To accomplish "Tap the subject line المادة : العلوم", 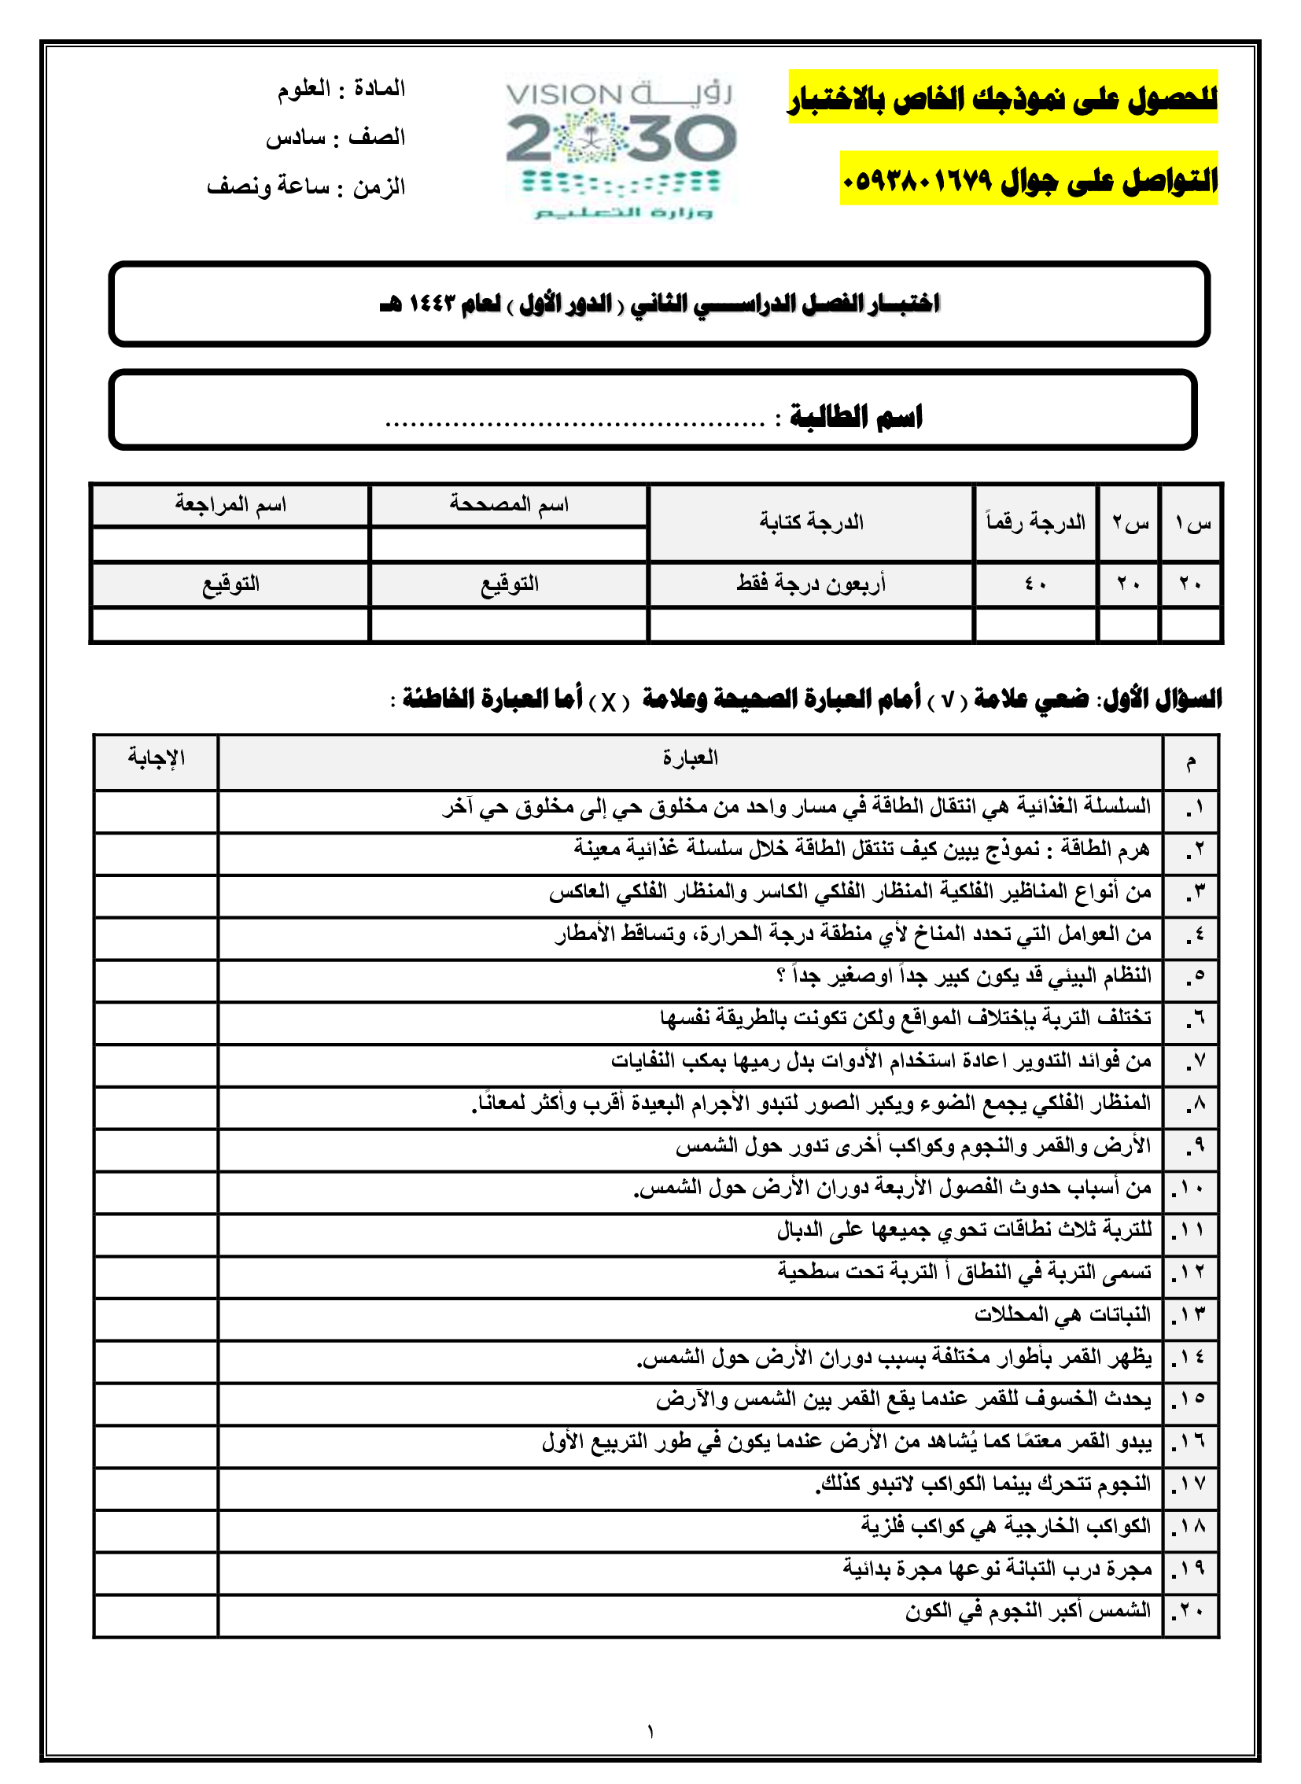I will (341, 88).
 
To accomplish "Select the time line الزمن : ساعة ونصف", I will (306, 186).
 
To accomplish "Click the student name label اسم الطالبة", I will (856, 415).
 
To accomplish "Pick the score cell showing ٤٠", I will (1034, 584).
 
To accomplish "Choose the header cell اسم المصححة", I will (509, 504).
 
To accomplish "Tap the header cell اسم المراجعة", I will (230, 504).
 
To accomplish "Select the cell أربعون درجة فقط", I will (811, 584).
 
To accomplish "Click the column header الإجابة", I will (156, 757).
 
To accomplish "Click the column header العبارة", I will (690, 757).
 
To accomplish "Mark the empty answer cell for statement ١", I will (156, 811).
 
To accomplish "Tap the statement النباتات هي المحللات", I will (1063, 1314).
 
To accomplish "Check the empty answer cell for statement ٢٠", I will (156, 1615).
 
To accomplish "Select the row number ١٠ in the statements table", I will (1191, 1188).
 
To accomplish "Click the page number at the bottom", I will (650, 1732).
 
